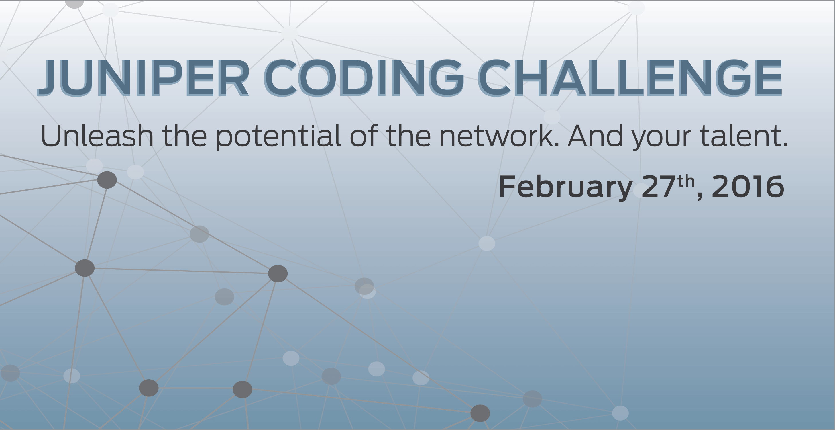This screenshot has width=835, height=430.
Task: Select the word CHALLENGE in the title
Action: click(630, 78)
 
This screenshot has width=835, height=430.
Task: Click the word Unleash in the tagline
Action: click(97, 136)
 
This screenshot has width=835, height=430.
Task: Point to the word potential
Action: click(278, 136)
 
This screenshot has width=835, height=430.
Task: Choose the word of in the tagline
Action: click(363, 136)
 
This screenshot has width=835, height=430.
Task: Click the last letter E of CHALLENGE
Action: click(768, 78)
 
